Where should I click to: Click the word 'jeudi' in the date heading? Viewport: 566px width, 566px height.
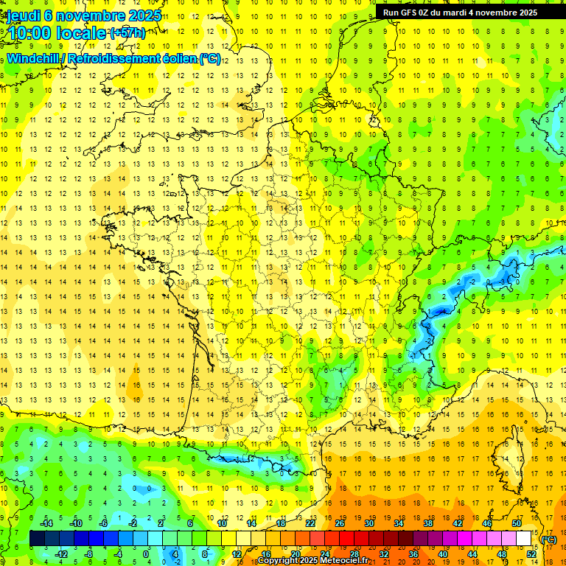point(24,15)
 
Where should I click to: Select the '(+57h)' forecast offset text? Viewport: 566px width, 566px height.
point(127,32)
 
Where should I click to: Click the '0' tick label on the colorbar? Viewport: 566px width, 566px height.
point(145,554)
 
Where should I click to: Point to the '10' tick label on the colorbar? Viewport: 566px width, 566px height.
point(221,523)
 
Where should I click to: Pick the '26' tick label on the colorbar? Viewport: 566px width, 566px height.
point(340,523)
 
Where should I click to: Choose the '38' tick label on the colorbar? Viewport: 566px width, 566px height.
point(428,523)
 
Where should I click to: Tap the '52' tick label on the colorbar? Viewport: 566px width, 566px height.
point(531,554)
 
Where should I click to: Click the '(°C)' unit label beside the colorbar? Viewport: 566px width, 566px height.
point(549,539)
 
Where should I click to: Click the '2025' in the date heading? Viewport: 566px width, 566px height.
point(144,15)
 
